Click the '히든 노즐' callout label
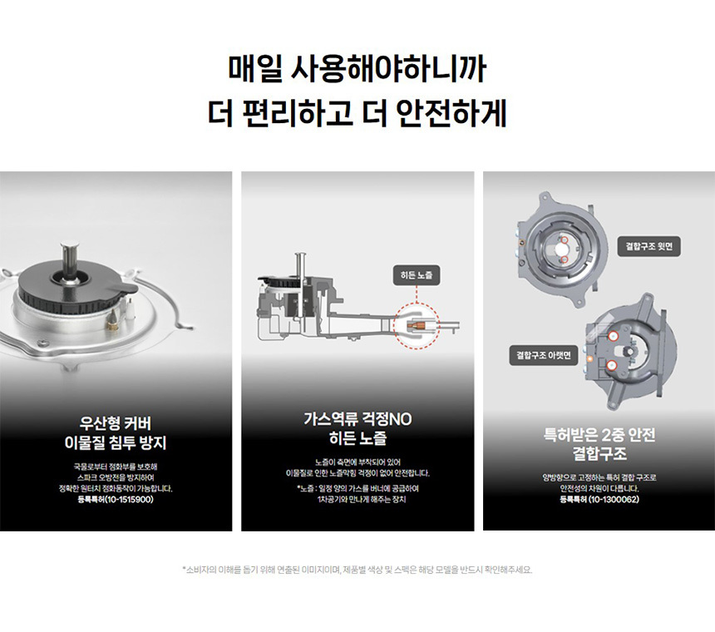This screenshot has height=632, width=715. (417, 275)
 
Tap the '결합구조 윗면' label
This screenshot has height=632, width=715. (648, 246)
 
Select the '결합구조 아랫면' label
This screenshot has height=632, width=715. (544, 355)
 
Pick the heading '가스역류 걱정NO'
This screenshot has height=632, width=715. (357, 418)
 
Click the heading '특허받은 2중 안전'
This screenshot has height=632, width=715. (599, 434)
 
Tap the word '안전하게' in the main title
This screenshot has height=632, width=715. (451, 113)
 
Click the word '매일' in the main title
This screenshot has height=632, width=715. (254, 69)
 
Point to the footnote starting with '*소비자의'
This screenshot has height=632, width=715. (357, 570)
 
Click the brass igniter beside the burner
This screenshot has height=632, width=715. (111, 322)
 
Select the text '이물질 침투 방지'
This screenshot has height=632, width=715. (116, 442)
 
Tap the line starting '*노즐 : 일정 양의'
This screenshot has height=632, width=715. (357, 488)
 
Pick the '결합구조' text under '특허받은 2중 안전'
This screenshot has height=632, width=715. (599, 454)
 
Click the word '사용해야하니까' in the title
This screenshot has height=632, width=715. (388, 69)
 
